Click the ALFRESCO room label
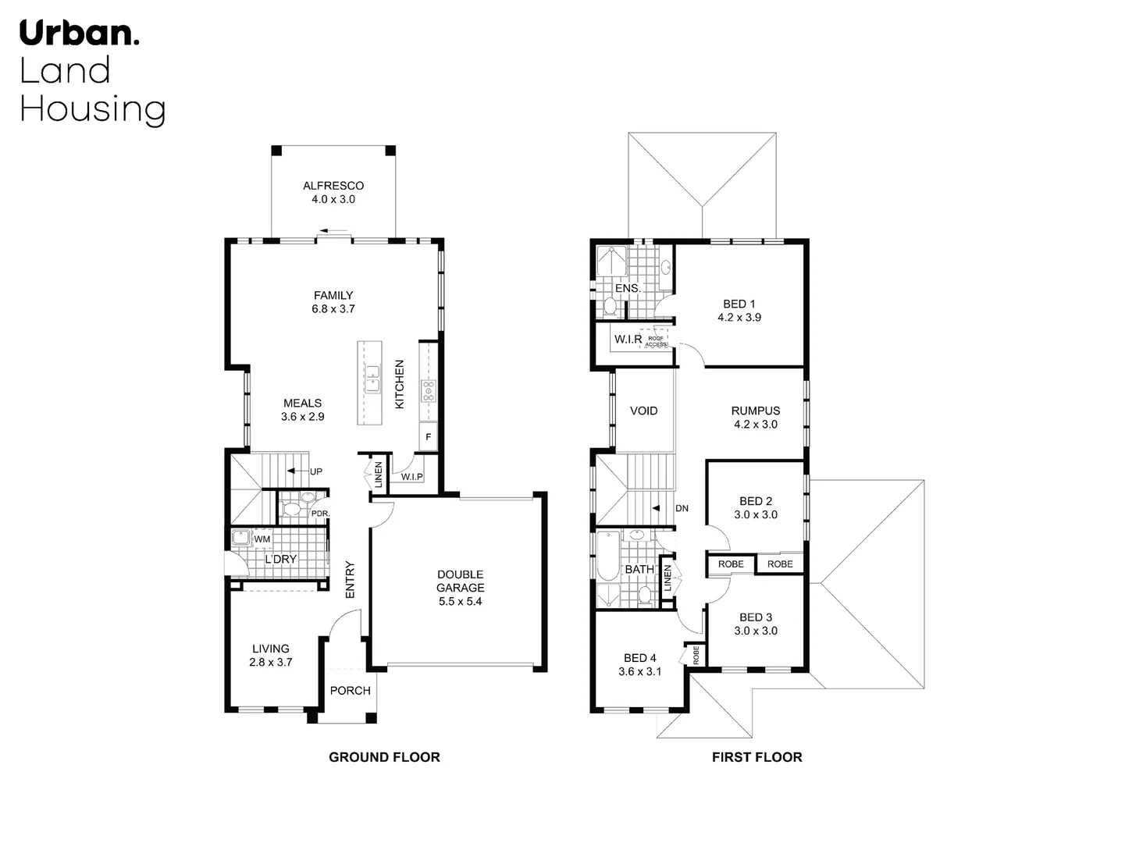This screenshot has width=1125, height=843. pos(333,186)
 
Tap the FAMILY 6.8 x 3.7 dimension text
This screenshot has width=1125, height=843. pos(333,309)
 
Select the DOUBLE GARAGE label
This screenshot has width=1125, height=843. pos(460,582)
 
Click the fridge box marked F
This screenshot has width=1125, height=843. pos(429,437)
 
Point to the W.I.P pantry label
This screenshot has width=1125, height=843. pos(411,477)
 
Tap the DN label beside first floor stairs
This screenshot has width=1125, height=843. pos(682,508)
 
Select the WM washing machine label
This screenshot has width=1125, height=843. pos(262,539)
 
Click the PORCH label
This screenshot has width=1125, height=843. pos(350,691)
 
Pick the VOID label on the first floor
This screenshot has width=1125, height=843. pos(643,411)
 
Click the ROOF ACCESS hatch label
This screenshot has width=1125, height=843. pos(656,341)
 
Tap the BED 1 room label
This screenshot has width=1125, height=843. pos(739,304)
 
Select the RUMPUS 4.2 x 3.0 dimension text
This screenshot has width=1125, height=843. pos(755,425)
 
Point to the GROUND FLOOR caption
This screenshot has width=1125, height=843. pos(384,757)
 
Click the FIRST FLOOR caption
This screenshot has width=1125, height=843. pos(757,757)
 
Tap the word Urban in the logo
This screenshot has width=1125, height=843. pos(78,34)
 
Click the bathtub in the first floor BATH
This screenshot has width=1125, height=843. pos(608,555)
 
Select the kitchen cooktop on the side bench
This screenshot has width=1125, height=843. pos(429,390)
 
